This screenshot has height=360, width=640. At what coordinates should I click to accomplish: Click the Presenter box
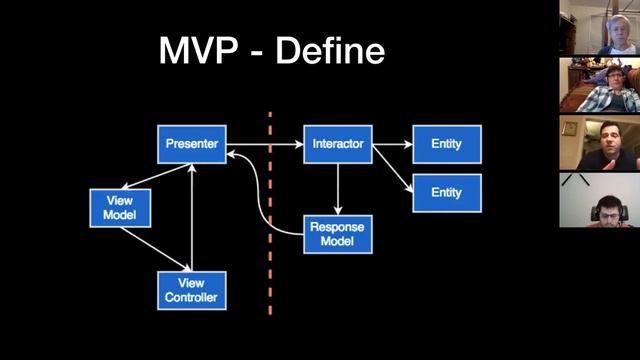(x=192, y=144)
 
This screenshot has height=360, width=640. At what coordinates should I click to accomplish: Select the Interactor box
(x=338, y=144)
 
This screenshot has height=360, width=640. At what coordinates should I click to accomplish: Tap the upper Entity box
(x=446, y=144)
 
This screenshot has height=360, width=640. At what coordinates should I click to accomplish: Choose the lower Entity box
(x=446, y=192)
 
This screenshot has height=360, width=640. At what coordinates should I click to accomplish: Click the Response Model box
(x=338, y=233)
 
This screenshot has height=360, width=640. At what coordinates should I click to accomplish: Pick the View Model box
(x=120, y=207)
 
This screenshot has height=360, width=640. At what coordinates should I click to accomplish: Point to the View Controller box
(x=192, y=289)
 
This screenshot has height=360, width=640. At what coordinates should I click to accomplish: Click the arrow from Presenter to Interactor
(x=264, y=145)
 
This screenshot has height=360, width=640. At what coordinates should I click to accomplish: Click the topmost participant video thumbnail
(x=599, y=27)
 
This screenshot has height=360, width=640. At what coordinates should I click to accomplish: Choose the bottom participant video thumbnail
(x=599, y=200)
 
